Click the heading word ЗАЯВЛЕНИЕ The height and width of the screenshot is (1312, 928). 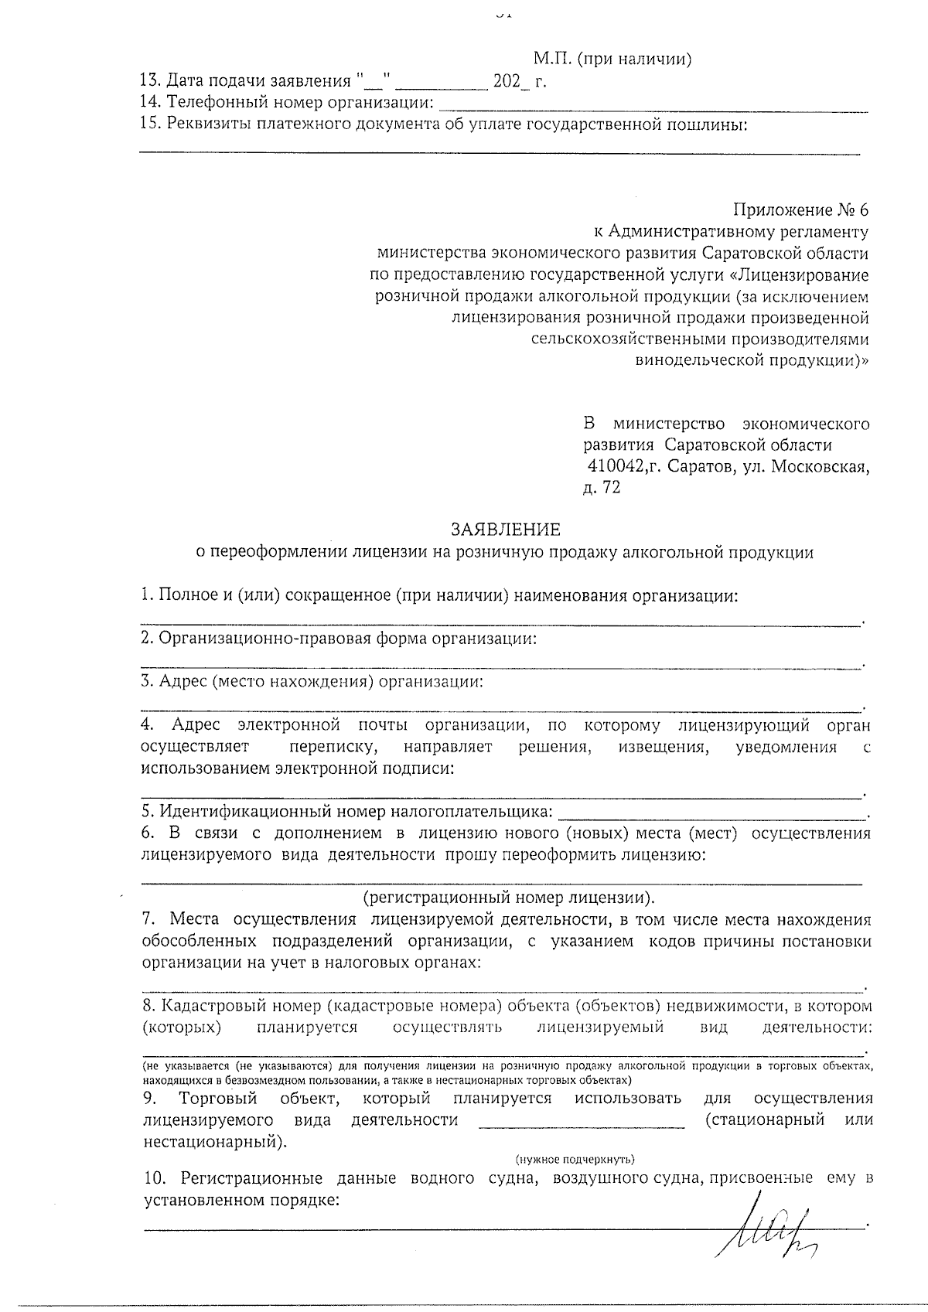506,530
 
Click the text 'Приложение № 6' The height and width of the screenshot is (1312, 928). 800,210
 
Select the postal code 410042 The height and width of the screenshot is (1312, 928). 616,466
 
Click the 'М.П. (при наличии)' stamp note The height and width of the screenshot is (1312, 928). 612,60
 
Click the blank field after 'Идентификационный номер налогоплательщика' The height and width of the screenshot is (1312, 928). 711,813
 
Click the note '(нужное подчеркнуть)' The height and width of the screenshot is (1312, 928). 575,1159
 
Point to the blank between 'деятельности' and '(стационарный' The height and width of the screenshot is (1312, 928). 582,1121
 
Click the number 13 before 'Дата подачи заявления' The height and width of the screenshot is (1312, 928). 150,81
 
